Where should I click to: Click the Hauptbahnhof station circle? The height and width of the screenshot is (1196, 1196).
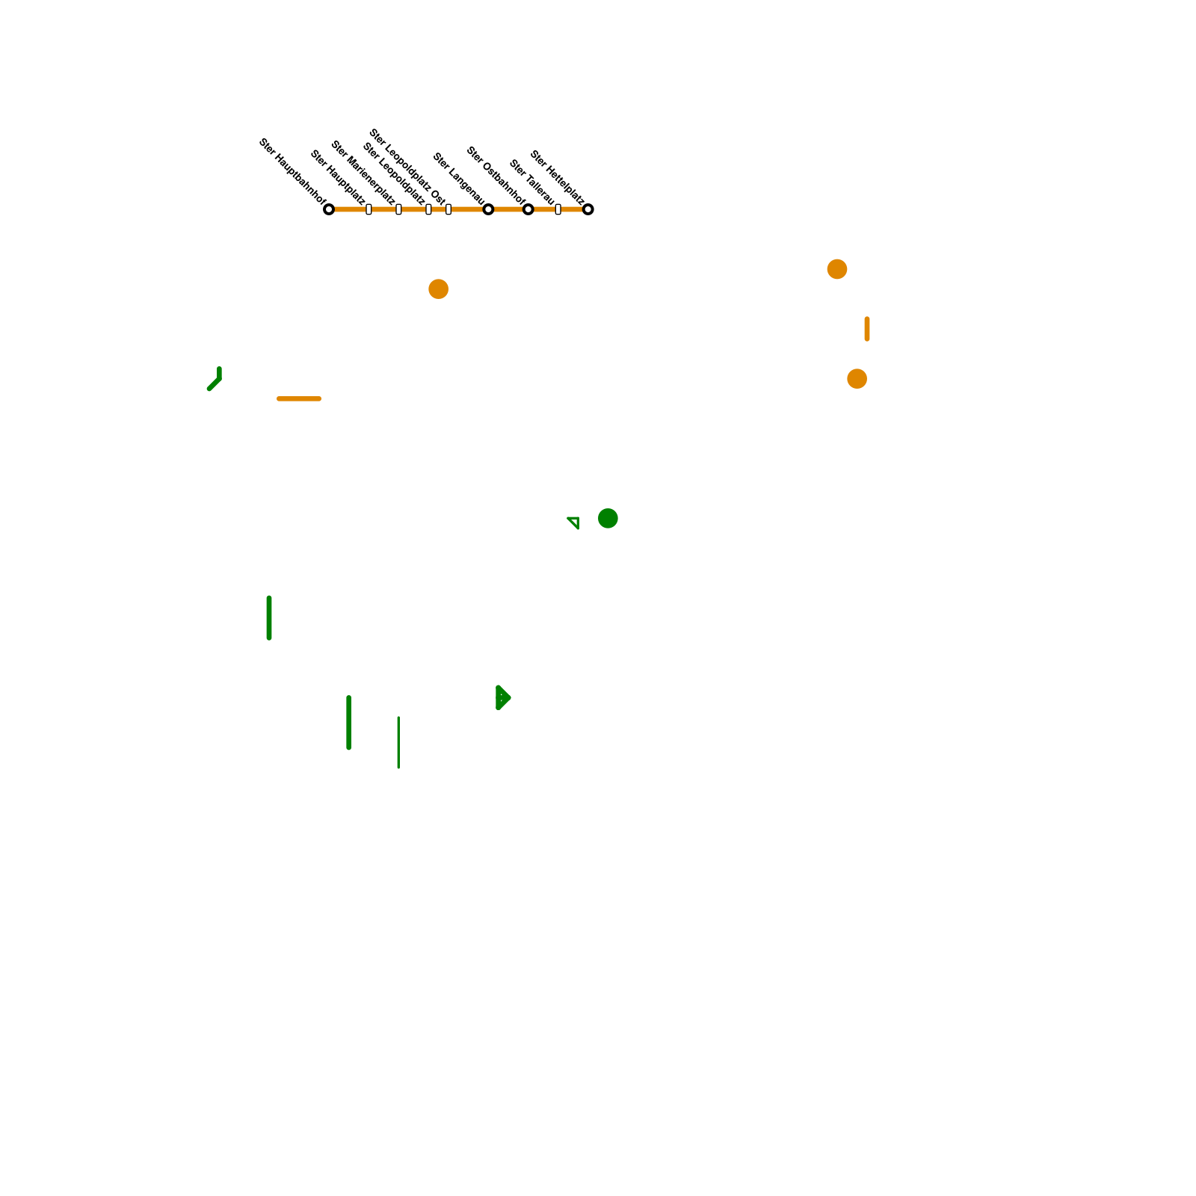(x=329, y=209)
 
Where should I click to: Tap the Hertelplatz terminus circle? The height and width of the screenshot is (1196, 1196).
(x=588, y=209)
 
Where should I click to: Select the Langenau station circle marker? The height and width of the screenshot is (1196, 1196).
(x=488, y=209)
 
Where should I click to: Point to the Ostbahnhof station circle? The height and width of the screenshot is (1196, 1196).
(x=528, y=209)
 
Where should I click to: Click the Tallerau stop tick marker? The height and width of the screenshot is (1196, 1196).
(x=558, y=209)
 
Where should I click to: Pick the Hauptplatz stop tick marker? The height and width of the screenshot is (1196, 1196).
(x=369, y=209)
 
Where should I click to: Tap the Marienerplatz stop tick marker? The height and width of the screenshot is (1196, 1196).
(x=398, y=209)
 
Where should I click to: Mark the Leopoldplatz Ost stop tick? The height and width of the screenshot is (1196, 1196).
(x=449, y=209)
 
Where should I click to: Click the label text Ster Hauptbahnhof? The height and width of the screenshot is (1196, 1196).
(x=292, y=171)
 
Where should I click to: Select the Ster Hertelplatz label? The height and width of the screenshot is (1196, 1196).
(x=557, y=177)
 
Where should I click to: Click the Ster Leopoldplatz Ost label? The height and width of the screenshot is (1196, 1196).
(x=407, y=166)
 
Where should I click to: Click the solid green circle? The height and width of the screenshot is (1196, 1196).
(x=608, y=518)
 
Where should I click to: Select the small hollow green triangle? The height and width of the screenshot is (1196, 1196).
(x=574, y=522)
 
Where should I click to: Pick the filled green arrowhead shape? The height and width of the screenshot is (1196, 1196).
(x=502, y=697)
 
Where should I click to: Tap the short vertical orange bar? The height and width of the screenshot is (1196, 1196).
(x=867, y=329)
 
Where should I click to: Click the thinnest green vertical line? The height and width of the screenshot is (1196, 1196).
(x=398, y=742)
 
